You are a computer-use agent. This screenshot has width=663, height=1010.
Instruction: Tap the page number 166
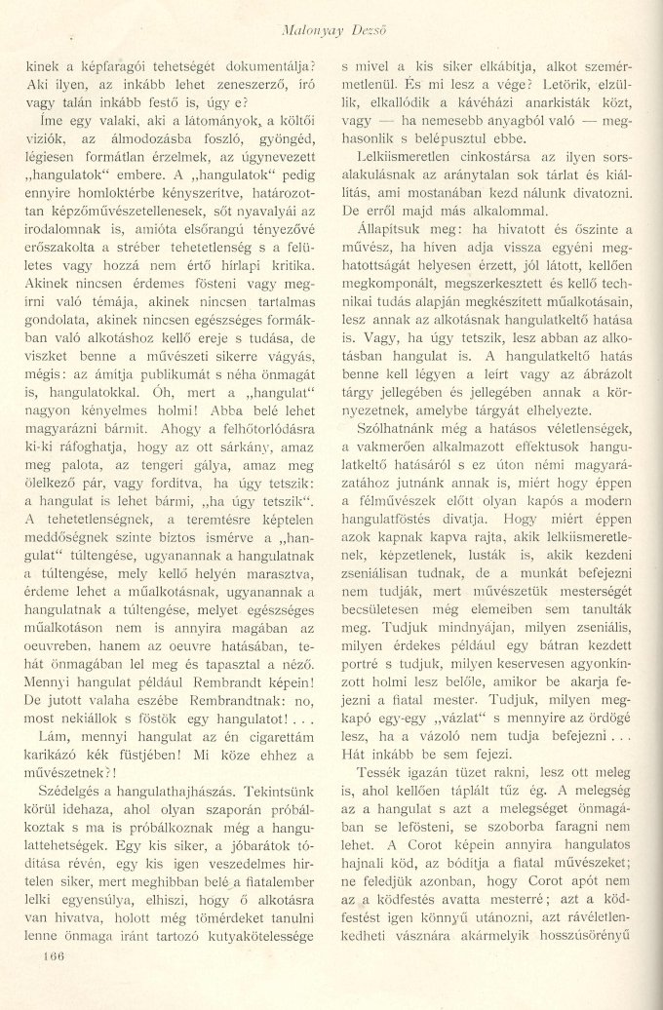pyautogui.click(x=46, y=957)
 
